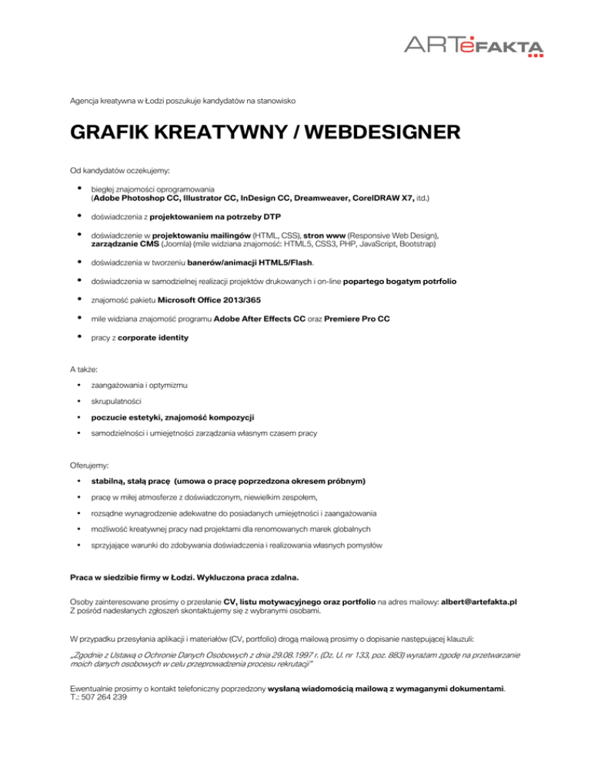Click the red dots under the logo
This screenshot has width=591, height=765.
pos(536,55)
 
